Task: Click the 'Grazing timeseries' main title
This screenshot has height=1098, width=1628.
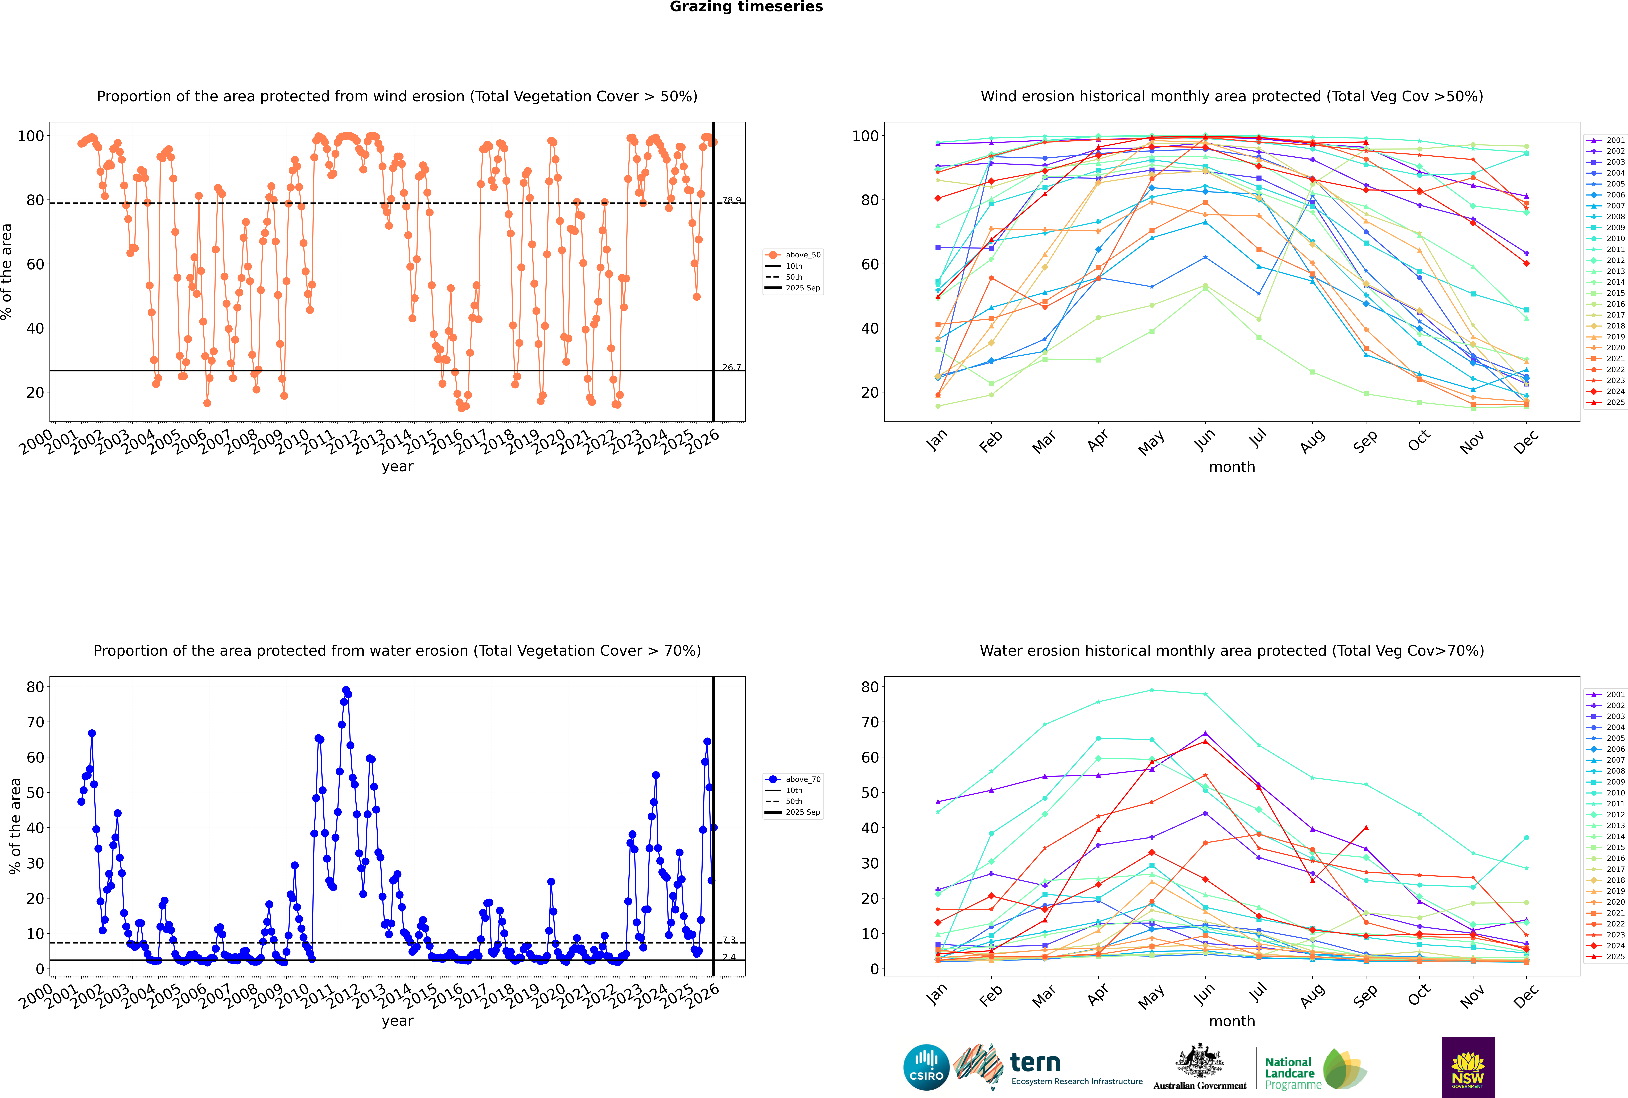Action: [x=746, y=7]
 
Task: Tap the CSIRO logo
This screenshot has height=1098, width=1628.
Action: [x=926, y=1067]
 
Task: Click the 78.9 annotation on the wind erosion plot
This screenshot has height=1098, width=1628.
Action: [x=731, y=200]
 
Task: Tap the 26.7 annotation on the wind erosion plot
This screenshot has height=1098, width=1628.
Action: [x=731, y=368]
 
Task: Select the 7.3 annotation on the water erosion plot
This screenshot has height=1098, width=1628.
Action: [x=729, y=940]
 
